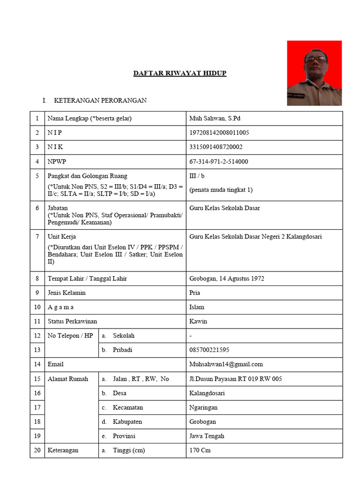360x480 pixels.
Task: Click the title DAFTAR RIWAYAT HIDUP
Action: tap(180, 74)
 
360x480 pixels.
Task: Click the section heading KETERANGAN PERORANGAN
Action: tap(100, 101)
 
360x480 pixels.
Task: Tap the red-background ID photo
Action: tap(314, 73)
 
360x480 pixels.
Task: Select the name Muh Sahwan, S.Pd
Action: tap(215, 119)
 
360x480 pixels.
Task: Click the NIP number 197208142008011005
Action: tap(219, 133)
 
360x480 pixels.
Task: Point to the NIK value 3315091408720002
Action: tap(216, 147)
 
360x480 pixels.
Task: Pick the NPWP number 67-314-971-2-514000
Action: tap(218, 162)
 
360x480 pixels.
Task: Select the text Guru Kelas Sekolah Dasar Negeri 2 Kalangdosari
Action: tap(255, 237)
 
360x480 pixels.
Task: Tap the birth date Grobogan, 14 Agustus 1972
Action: tap(226, 278)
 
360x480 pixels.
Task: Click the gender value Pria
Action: tap(195, 293)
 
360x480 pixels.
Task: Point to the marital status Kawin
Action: tap(198, 322)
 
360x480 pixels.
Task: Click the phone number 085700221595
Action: tap(209, 350)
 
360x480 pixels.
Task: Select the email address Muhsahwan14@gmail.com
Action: tap(226, 364)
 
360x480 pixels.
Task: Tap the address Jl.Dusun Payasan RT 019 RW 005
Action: tap(235, 379)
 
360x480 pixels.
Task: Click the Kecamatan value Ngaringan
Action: tap(203, 407)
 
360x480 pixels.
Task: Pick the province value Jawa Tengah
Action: tap(207, 436)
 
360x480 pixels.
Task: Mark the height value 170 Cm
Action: tap(200, 450)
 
